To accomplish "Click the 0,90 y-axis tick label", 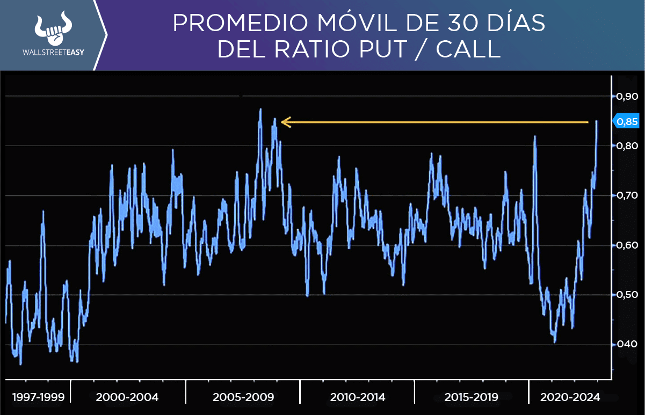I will coord(627,97).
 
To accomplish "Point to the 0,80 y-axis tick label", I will coord(627,146).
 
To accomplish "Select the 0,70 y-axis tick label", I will coord(627,195).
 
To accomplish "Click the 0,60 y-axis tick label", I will coord(627,245).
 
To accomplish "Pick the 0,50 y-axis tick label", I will coord(627,295).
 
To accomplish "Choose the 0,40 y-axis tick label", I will coord(627,344).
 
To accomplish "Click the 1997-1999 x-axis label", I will coord(38,397).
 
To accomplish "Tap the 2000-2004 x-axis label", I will coord(127,397).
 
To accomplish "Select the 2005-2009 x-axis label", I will coord(243,397).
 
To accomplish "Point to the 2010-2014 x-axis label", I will coord(358,397).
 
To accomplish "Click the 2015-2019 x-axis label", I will coord(472,397).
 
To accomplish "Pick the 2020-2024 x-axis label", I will coord(571,397).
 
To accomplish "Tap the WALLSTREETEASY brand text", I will coord(53,54).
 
